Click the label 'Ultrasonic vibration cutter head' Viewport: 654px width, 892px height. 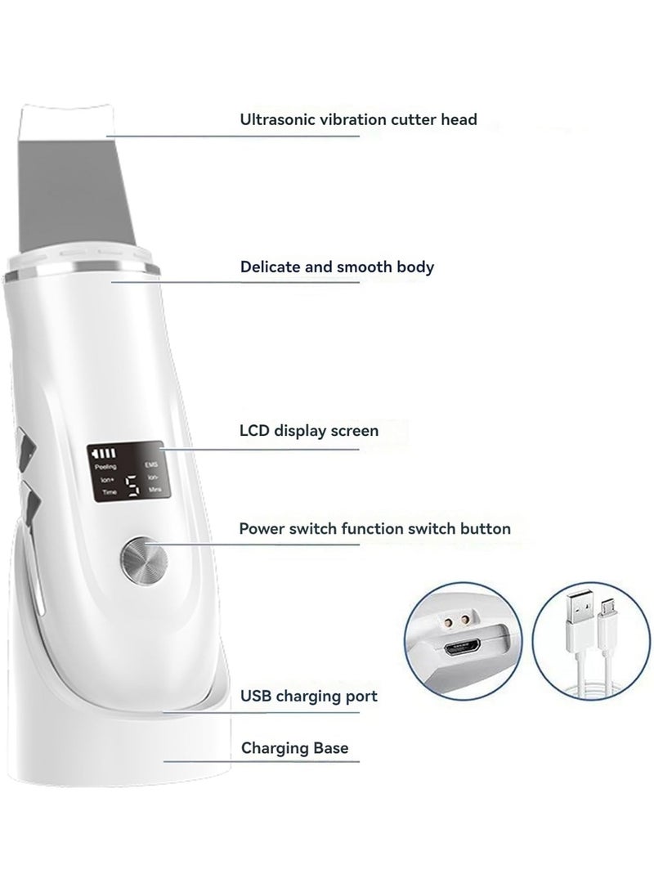click(x=358, y=119)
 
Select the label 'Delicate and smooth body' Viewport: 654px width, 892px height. click(x=337, y=267)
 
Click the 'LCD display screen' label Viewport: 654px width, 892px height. click(x=309, y=429)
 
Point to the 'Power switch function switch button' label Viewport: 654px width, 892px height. click(x=374, y=528)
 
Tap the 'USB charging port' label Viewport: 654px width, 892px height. click(x=308, y=697)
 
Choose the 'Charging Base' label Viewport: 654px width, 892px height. click(x=293, y=747)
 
